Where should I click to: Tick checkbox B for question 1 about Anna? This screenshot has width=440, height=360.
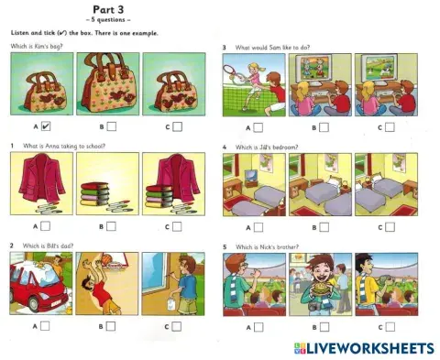pyautogui.click(x=110, y=224)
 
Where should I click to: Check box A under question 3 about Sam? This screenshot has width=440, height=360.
pyautogui.click(x=258, y=126)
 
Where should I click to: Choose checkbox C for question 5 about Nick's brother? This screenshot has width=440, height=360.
pyautogui.click(x=390, y=324)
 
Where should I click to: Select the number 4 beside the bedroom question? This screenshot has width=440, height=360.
pyautogui.click(x=225, y=146)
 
